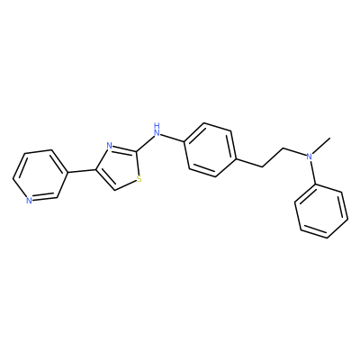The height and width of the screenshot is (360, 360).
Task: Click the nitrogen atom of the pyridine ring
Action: pyautogui.click(x=29, y=201)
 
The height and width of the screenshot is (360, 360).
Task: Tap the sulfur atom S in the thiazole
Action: pyautogui.click(x=139, y=179)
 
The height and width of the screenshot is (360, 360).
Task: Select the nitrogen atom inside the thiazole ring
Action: pyautogui.click(x=110, y=146)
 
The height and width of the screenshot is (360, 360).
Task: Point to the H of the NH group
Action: pyautogui.click(x=156, y=124)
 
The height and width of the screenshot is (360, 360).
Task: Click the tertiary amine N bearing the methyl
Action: pyautogui.click(x=309, y=156)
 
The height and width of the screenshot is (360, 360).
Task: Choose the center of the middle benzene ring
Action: pyautogui.click(x=210, y=149)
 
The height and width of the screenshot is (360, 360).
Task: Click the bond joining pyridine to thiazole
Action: pyautogui.click(x=81, y=171)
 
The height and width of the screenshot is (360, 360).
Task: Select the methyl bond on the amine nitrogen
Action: pyautogui.click(x=321, y=146)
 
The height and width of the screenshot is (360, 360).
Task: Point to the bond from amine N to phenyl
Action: pyautogui.click(x=312, y=172)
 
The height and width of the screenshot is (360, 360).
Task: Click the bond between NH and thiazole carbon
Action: pyautogui.click(x=146, y=142)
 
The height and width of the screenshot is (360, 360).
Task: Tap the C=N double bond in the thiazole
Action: pyautogui.click(x=124, y=149)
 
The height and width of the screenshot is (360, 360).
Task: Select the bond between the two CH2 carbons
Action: pyautogui.click(x=273, y=157)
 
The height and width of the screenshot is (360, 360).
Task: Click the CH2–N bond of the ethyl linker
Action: pyautogui.click(x=294, y=151)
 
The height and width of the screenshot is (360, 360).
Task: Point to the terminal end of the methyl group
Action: pyautogui.click(x=330, y=138)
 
